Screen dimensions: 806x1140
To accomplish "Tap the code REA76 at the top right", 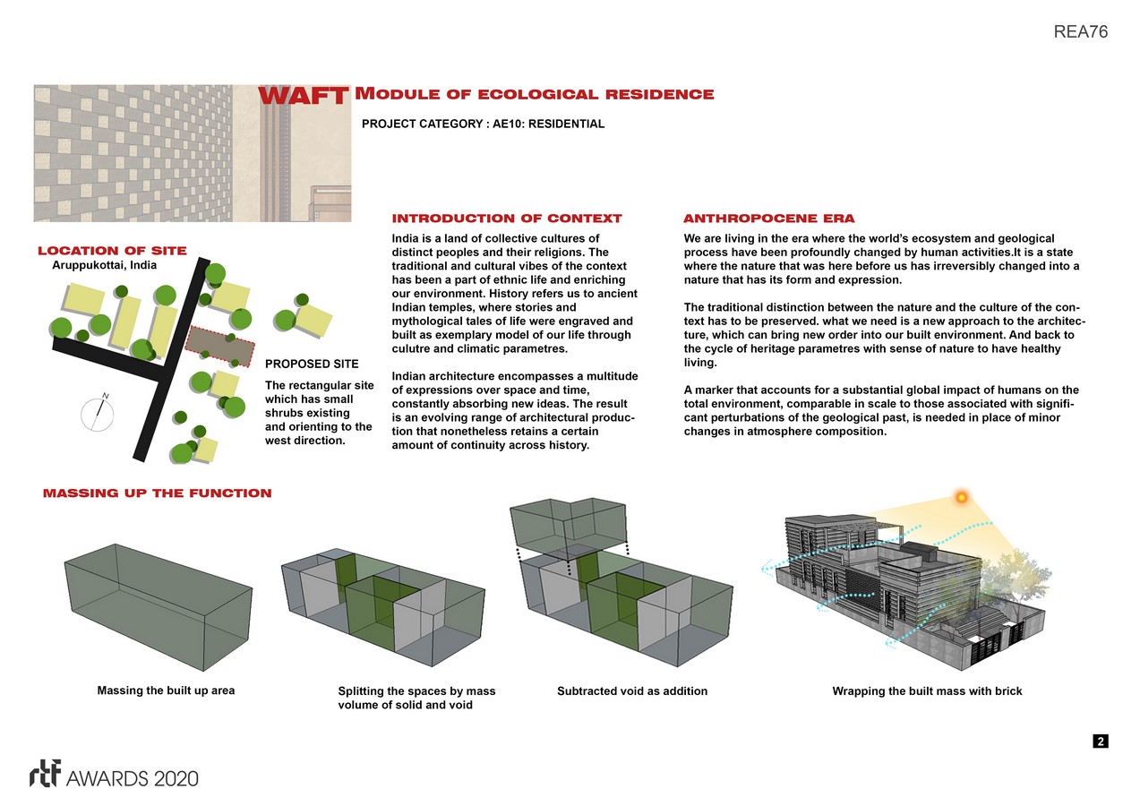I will [1082, 32].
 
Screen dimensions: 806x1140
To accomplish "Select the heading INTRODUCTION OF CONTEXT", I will [507, 219].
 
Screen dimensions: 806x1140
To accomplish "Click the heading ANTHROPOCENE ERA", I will [768, 219].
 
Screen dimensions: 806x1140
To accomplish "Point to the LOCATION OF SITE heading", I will [112, 252].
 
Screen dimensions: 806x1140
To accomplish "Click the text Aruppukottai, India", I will [104, 265].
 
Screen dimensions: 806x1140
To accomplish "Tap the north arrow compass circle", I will [99, 414].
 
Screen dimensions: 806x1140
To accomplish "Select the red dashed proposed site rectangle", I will [220, 347].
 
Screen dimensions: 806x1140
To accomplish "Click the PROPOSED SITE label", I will [312, 364].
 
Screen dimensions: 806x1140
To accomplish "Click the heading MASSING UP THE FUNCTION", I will [158, 493].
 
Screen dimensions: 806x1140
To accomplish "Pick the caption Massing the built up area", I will [166, 690].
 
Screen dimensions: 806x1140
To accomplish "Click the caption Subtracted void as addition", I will [632, 691].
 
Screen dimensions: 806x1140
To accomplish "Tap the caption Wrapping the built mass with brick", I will [927, 691].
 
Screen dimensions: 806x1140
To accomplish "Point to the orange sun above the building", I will [962, 497].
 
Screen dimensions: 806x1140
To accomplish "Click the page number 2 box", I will [1100, 742].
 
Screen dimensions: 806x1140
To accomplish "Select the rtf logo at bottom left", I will [45, 775].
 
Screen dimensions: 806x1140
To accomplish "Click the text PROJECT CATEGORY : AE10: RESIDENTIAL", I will [483, 124].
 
